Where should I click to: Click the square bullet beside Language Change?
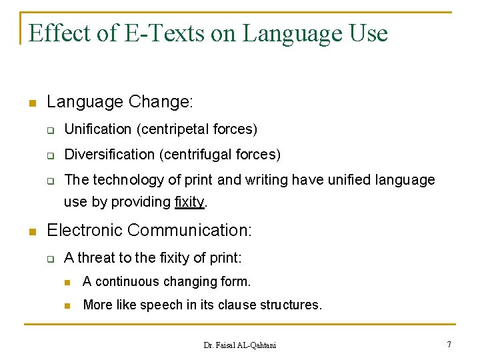pyautogui.click(x=31, y=104)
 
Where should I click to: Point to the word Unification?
pyautogui.click(x=98, y=129)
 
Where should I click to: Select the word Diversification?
pyautogui.click(x=109, y=155)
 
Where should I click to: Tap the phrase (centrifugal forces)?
pyautogui.click(x=220, y=155)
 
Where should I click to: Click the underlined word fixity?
pyautogui.click(x=189, y=202)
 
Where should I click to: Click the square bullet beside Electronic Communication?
pyautogui.click(x=31, y=232)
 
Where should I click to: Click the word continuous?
pyautogui.click(x=127, y=281)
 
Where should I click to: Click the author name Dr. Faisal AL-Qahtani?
pyautogui.click(x=239, y=345)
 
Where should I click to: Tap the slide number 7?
pyautogui.click(x=449, y=344)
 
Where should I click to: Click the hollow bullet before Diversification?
pyautogui.click(x=49, y=155)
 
